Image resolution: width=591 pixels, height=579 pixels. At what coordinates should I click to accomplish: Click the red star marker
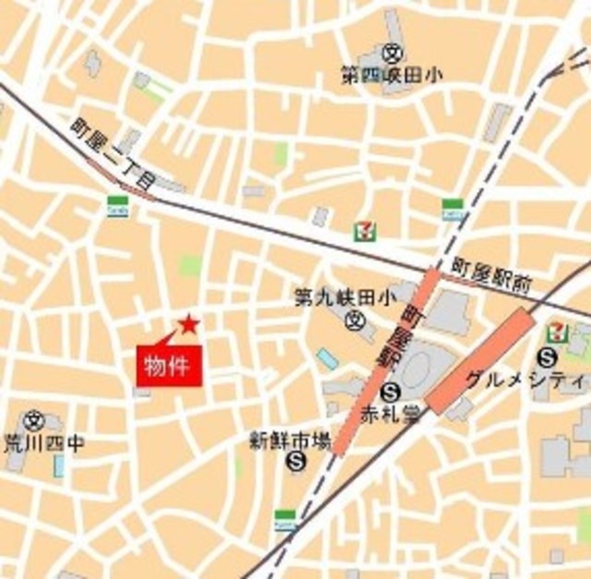(188, 324)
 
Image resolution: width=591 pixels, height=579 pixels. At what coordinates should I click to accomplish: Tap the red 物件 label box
(169, 364)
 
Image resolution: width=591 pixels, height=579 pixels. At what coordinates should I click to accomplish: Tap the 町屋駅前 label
(491, 274)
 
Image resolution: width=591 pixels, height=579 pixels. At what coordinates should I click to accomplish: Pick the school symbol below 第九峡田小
(354, 320)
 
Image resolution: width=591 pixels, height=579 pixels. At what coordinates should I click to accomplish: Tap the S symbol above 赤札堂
(391, 391)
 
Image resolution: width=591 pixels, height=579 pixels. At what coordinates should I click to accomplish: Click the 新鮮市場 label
(290, 441)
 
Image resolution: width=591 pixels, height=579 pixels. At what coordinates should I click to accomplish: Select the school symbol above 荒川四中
(35, 420)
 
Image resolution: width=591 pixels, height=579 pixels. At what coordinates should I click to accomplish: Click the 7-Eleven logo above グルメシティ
(558, 330)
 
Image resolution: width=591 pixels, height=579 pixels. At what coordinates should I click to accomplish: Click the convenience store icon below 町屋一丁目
(118, 205)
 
